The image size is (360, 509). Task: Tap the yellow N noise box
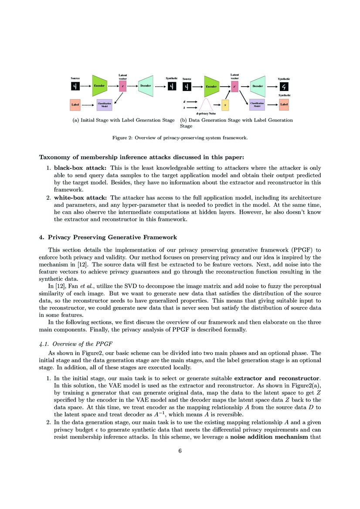[x=225, y=105]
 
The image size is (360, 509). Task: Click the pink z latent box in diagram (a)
[x=122, y=86]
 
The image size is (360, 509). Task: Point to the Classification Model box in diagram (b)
[x=257, y=105]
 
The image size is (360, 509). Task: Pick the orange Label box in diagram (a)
[x=75, y=105]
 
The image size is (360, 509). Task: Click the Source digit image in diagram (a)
[x=75, y=86]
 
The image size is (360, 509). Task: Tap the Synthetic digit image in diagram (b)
[x=284, y=87]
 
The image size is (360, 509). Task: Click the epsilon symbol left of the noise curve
[x=185, y=101]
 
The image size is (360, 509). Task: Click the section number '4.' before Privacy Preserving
[x=41, y=238]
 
